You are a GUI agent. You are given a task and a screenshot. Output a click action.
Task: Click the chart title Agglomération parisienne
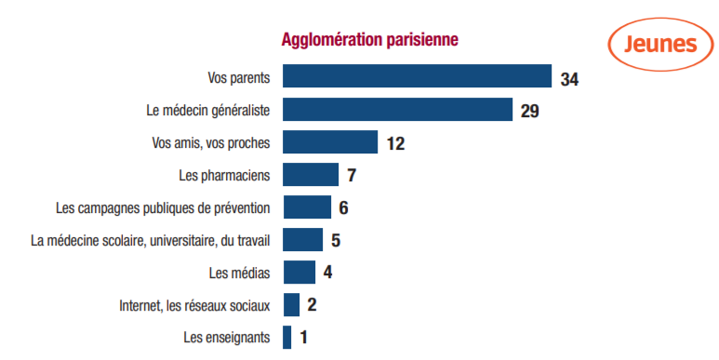[369, 40]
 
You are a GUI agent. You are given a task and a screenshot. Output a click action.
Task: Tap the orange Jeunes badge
[660, 45]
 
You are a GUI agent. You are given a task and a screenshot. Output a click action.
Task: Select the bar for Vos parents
[417, 75]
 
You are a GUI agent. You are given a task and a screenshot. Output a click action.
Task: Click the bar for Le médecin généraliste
[397, 109]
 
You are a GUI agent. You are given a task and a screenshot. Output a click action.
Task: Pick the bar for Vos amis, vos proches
[330, 141]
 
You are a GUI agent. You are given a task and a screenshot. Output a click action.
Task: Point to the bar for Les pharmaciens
[311, 174]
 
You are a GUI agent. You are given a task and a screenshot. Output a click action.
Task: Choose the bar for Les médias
[299, 273]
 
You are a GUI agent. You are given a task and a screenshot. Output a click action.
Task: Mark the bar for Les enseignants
[287, 338]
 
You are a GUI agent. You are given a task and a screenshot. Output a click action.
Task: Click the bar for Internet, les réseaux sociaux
[291, 305]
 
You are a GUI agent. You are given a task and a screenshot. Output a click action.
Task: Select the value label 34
[569, 79]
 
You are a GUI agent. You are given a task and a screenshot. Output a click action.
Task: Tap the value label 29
[529, 112]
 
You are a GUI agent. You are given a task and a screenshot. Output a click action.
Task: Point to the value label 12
[395, 144]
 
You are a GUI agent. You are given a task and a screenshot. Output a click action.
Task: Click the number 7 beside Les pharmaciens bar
[352, 176]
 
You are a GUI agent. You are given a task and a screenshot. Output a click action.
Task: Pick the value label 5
[336, 241]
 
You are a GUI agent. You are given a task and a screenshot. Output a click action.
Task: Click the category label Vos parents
[239, 78]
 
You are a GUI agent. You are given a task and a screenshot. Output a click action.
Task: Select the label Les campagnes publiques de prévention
[163, 208]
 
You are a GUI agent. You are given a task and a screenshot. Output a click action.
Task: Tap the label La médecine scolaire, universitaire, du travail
[151, 241]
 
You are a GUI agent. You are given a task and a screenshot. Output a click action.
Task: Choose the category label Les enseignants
[227, 338]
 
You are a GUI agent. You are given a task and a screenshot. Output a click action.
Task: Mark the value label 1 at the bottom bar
[303, 338]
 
